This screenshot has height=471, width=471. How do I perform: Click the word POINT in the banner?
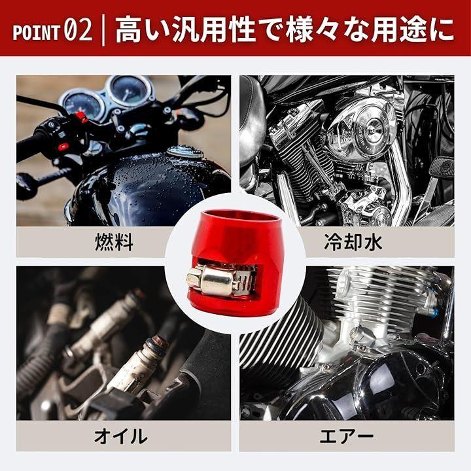pos(36,32)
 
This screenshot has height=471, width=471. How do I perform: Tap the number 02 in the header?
pos(78,30)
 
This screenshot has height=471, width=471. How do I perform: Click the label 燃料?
pos(114,242)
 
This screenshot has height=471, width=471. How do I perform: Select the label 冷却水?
pos(353,242)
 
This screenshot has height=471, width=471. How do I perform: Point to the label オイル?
pos(121,436)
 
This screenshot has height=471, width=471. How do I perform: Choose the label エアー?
pos(347,436)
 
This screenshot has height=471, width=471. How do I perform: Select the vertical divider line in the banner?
pos(103,30)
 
